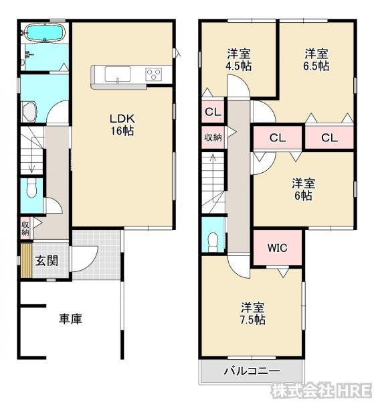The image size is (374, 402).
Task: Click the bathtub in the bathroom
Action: (x=45, y=33)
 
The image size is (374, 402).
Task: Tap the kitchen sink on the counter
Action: (x=118, y=74)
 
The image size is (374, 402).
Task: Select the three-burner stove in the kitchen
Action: (x=153, y=74)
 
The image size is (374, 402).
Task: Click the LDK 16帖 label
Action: (x=122, y=125)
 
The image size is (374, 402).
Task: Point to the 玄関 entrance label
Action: (x=47, y=261)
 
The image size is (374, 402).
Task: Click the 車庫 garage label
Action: (x=71, y=319)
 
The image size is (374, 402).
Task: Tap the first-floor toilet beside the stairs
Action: (x=31, y=188)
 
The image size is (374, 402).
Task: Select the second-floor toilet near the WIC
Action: (x=213, y=242)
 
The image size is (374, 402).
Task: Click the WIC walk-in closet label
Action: (x=277, y=248)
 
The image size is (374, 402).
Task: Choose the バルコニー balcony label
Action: (x=252, y=371)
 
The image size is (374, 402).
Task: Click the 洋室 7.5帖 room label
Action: (x=253, y=314)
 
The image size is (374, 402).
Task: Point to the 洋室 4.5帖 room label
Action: (x=239, y=60)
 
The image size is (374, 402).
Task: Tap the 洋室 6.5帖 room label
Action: (x=316, y=60)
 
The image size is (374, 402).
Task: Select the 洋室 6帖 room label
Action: (x=303, y=190)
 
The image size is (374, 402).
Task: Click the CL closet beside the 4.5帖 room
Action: (x=213, y=112)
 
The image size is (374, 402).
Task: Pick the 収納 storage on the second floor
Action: (x=213, y=137)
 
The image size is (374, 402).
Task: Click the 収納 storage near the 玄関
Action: (x=25, y=228)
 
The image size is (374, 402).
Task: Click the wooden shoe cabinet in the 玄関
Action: (x=26, y=261)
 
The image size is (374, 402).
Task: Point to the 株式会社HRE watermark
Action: (x=321, y=390)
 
